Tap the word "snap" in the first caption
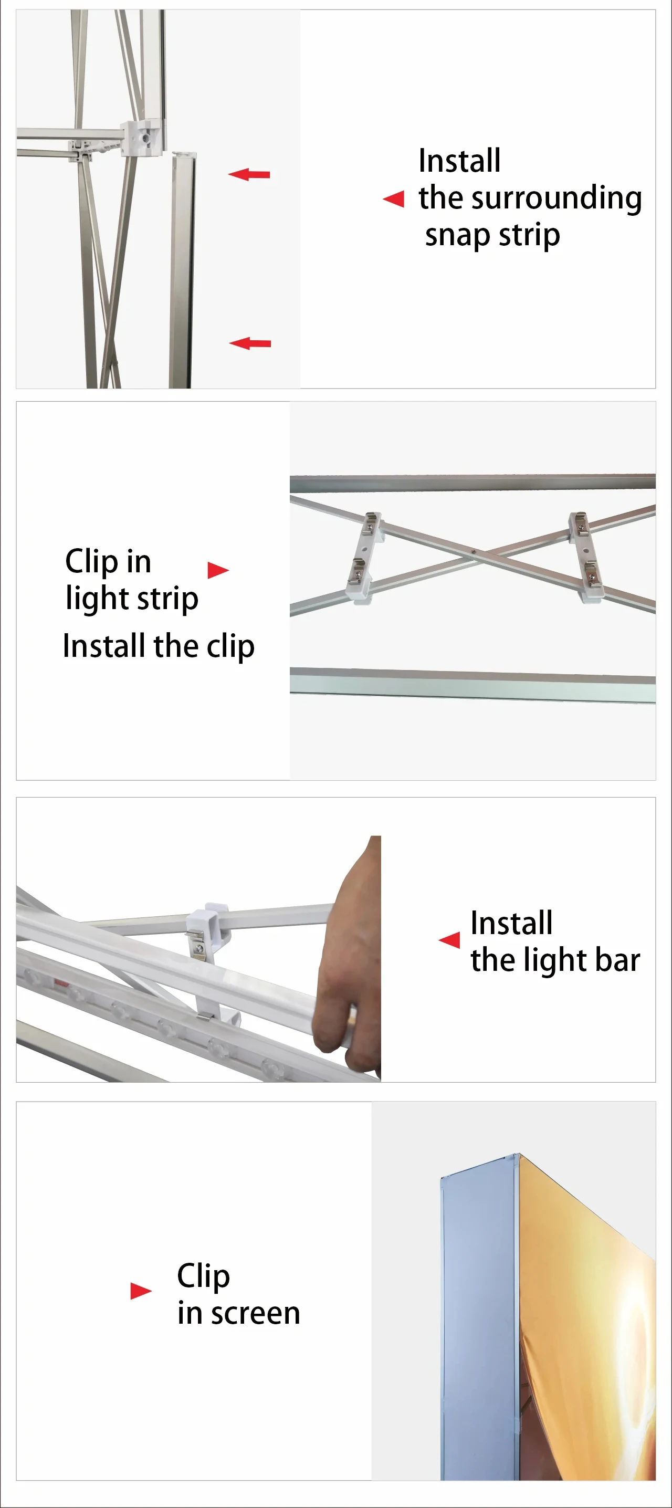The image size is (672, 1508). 458,236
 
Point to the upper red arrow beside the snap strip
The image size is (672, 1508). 249,174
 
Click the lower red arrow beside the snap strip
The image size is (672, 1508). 250,343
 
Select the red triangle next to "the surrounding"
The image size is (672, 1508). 393,199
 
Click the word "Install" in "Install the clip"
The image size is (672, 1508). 105,646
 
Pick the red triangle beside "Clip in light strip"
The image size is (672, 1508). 218,570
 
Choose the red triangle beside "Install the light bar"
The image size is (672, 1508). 449,940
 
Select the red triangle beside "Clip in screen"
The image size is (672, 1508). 141,1291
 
